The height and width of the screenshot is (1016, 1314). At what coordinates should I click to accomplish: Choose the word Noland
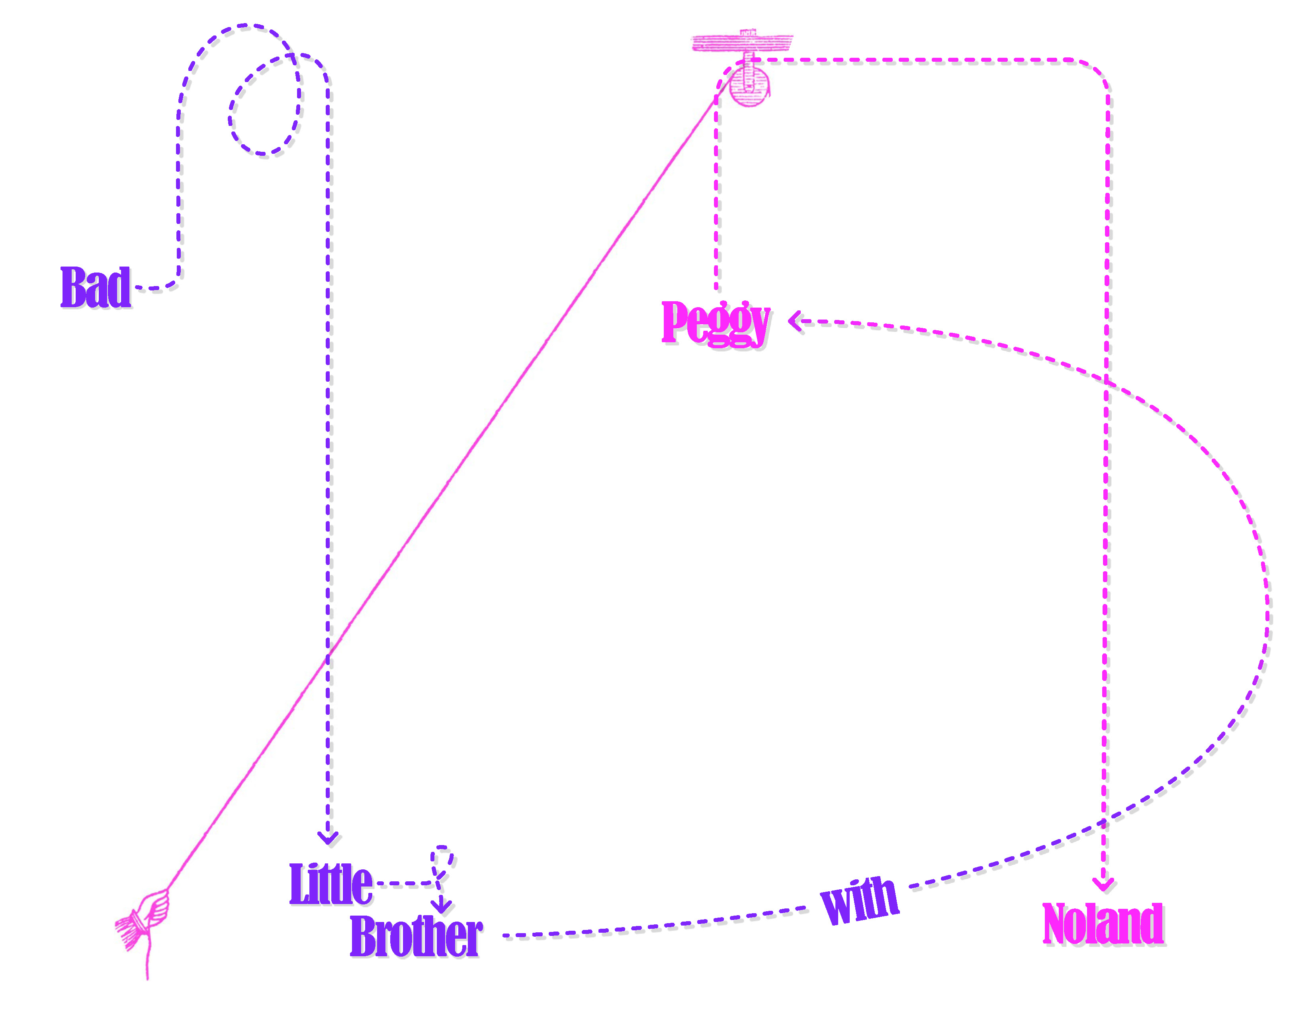(x=1102, y=924)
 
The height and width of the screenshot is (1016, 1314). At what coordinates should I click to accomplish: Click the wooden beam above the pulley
(x=741, y=43)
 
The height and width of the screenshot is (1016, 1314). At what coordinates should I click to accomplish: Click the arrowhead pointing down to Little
(x=328, y=838)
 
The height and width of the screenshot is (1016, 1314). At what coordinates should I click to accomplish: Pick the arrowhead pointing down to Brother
(x=442, y=906)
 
